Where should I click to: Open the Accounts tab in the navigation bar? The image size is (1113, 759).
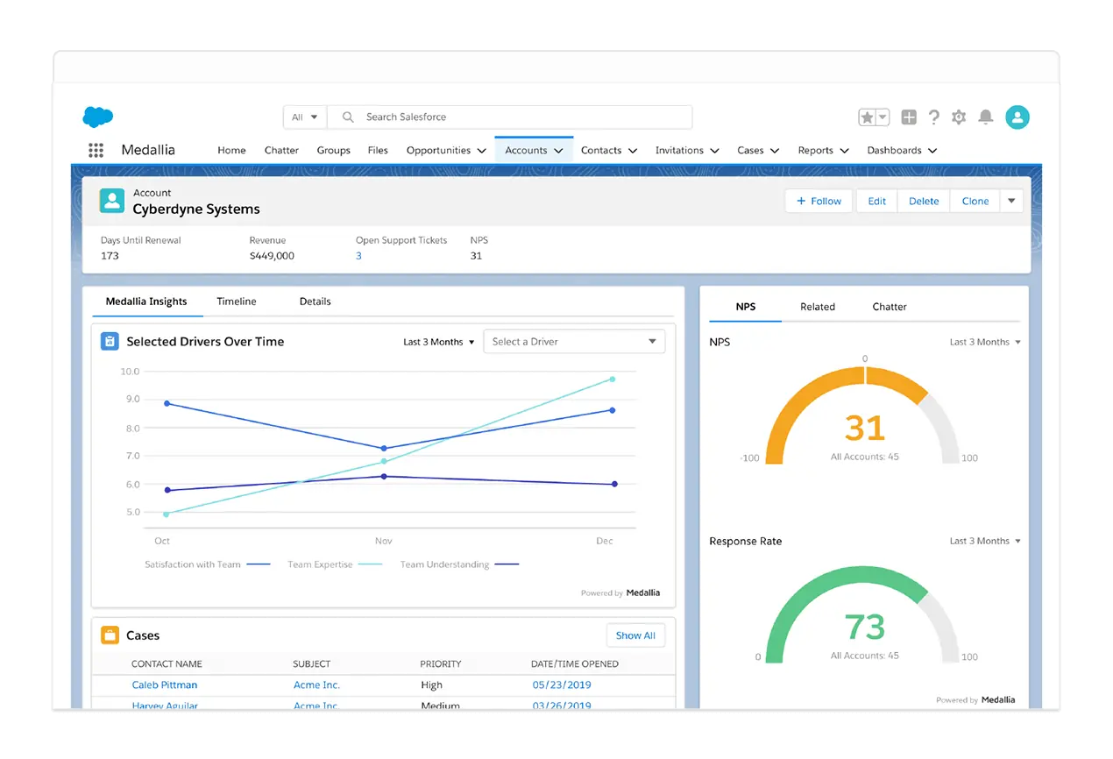[534, 150]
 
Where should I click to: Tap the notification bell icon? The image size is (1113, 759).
[985, 117]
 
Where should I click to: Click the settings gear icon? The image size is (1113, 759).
[959, 117]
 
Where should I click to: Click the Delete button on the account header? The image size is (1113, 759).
[924, 201]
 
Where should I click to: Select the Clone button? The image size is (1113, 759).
[975, 201]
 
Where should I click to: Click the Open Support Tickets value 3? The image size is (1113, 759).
[358, 256]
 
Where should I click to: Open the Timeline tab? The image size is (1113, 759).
[237, 301]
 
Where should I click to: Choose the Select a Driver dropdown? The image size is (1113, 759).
[574, 342]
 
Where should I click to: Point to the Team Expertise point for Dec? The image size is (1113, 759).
[612, 379]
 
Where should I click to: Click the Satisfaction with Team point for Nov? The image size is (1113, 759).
[384, 449]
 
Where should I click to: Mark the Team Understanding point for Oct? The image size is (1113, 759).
[167, 490]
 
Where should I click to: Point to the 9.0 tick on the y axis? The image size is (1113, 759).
[132, 399]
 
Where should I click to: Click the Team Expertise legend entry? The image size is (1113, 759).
[335, 564]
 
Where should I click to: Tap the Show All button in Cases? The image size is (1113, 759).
[635, 635]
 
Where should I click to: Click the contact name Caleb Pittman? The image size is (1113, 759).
[165, 685]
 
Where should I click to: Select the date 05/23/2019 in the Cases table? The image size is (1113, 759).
[562, 685]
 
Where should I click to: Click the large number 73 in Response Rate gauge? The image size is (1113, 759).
[865, 627]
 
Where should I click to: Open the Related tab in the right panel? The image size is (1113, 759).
[818, 307]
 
